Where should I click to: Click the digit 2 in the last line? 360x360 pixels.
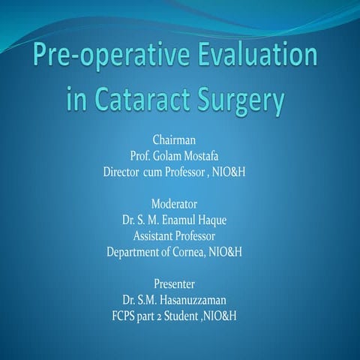(x=167, y=316)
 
